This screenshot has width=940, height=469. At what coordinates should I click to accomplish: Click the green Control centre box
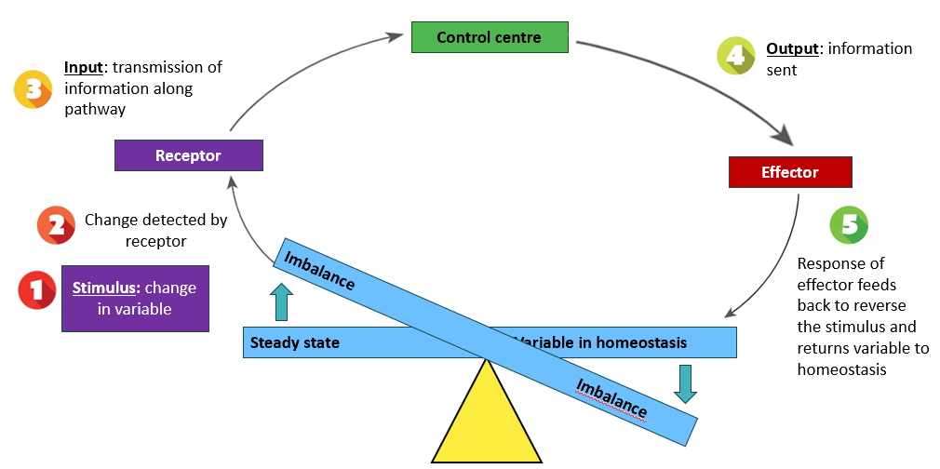[490, 37]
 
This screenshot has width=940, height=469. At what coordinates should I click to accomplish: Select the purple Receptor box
[189, 155]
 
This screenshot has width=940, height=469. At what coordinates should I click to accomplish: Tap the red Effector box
[790, 172]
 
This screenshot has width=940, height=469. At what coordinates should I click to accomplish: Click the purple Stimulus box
[136, 298]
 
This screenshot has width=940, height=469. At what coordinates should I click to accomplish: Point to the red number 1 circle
[37, 289]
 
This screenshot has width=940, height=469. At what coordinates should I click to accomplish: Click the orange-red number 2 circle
[56, 225]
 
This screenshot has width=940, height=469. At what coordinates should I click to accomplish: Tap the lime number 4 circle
[736, 56]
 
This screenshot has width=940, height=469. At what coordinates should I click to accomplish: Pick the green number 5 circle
[849, 224]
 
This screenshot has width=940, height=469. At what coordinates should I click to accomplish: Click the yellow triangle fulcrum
[487, 411]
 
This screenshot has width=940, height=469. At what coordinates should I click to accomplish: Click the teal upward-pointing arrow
[282, 301]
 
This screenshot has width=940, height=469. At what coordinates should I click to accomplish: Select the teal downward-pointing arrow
[685, 383]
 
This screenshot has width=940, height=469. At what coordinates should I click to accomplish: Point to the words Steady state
[295, 343]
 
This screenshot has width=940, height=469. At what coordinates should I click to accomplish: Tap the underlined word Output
[793, 49]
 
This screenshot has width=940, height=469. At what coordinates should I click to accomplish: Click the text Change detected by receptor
[155, 230]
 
